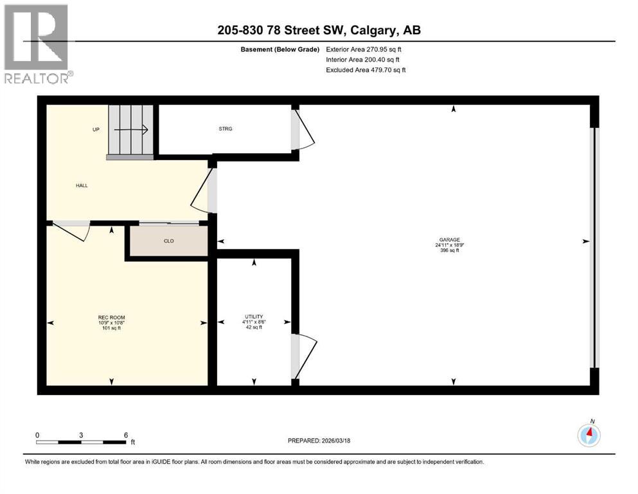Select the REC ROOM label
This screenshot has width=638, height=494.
pyautogui.click(x=111, y=318)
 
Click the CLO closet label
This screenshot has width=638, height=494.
pyautogui.click(x=168, y=241)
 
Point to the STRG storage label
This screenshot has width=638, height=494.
pyautogui.click(x=225, y=129)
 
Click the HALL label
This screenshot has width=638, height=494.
pyautogui.click(x=82, y=185)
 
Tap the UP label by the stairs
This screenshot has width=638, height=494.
pyautogui.click(x=96, y=129)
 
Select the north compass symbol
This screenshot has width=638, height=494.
pyautogui.click(x=589, y=435)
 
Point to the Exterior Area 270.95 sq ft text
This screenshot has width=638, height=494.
pyautogui.click(x=365, y=49)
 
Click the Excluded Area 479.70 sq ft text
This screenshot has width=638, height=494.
pyautogui.click(x=365, y=69)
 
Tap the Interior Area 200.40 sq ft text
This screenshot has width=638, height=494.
pyautogui.click(x=364, y=59)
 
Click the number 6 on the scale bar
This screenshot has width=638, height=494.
pyautogui.click(x=125, y=435)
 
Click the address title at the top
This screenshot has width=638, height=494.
pyautogui.click(x=319, y=30)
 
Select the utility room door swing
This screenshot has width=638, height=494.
pyautogui.click(x=305, y=355)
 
